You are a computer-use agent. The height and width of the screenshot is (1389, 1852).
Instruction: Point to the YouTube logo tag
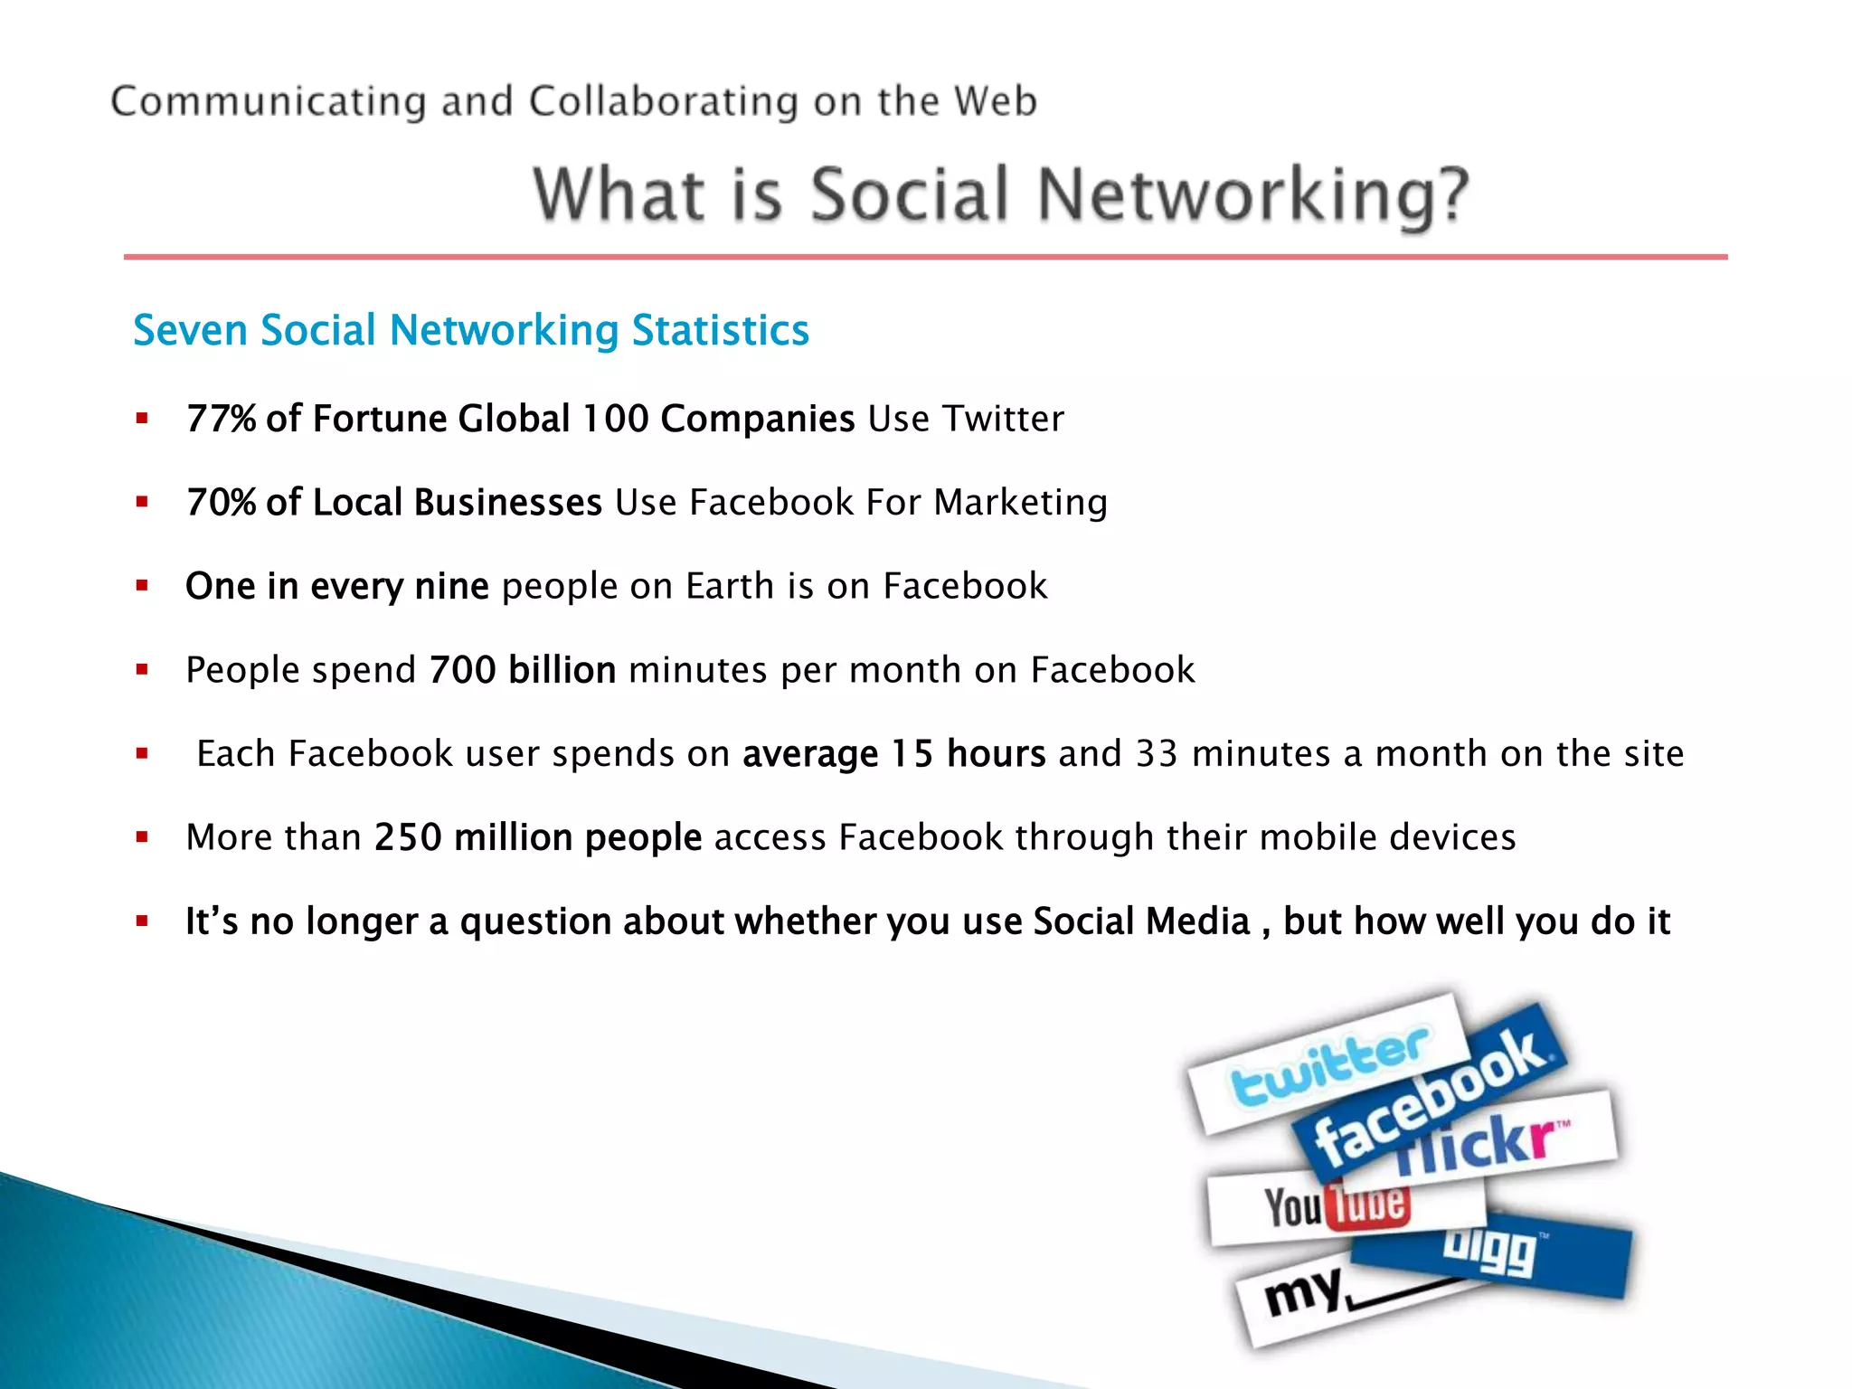[1337, 1206]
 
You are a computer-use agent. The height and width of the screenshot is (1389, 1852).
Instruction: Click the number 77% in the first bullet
[221, 419]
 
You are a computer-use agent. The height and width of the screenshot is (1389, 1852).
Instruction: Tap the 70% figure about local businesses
[221, 503]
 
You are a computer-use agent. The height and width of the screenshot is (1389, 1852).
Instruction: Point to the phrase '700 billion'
[522, 670]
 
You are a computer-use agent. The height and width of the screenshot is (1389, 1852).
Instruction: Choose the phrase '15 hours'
[968, 754]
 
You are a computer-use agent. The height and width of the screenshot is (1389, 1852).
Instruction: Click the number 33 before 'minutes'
[1157, 754]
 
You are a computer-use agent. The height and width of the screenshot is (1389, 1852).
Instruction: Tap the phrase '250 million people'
[538, 838]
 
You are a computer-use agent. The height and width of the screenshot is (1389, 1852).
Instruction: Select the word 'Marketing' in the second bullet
[1020, 503]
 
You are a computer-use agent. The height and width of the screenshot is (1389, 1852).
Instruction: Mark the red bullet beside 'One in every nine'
[142, 586]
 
